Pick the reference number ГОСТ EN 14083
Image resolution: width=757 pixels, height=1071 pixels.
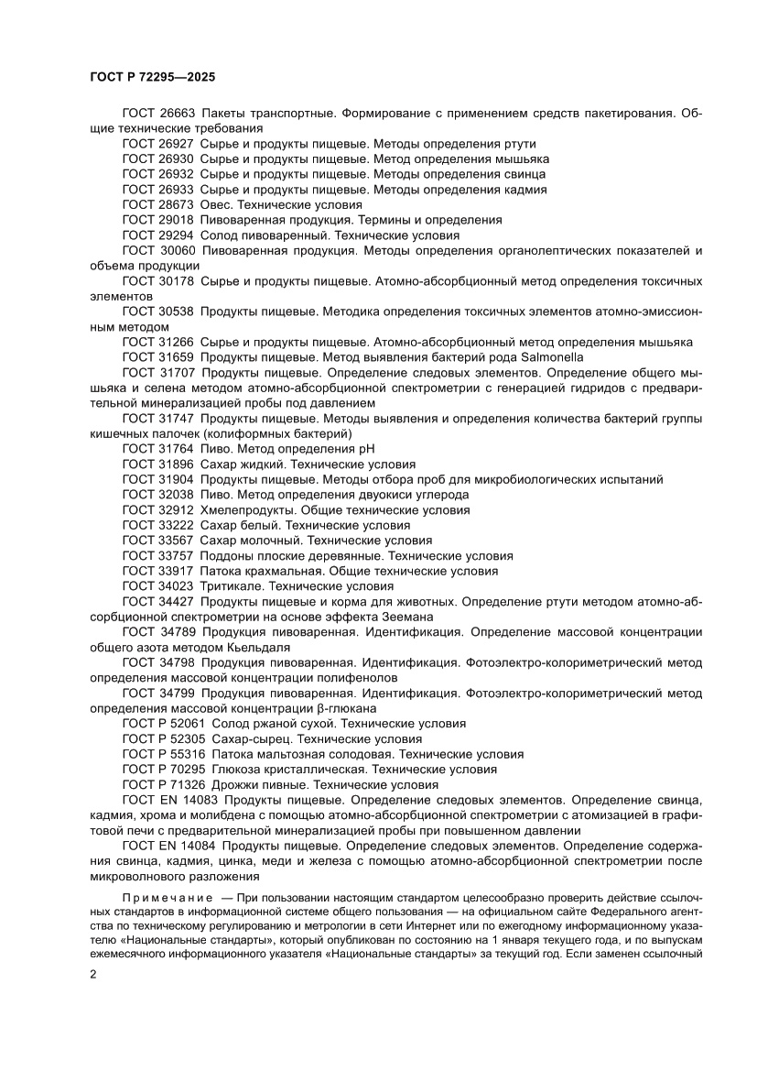pos(166,800)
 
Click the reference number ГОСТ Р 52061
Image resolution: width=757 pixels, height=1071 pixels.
pos(163,724)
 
